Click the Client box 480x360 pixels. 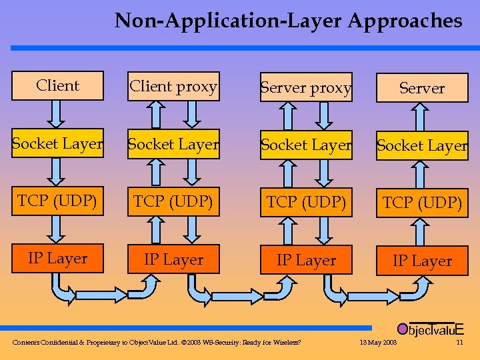(x=58, y=86)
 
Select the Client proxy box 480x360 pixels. (x=173, y=87)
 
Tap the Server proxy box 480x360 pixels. (x=306, y=88)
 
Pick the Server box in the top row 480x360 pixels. (x=422, y=88)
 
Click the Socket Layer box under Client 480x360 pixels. (x=58, y=143)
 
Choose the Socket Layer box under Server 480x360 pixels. (x=422, y=145)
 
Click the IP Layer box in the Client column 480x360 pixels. (x=58, y=259)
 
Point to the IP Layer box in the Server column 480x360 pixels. (x=422, y=261)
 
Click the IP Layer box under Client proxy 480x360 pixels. (x=173, y=259)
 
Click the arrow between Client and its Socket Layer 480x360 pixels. (x=58, y=114)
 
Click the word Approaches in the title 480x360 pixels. (x=405, y=21)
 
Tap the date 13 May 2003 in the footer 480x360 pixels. (x=378, y=343)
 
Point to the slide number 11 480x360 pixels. (x=459, y=343)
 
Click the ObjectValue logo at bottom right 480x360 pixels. (x=430, y=329)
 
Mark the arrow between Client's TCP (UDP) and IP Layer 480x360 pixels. (x=58, y=230)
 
